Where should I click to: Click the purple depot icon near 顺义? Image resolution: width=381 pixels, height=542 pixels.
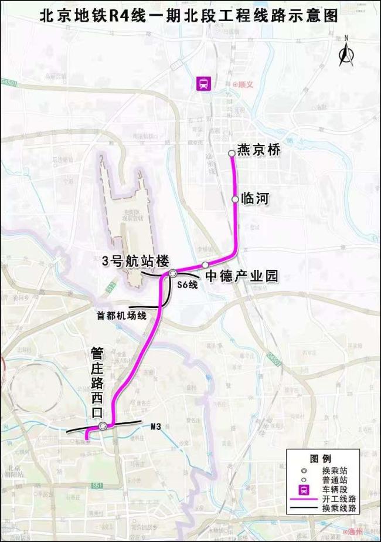pos(203,84)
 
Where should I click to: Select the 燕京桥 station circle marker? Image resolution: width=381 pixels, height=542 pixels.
pos(232,153)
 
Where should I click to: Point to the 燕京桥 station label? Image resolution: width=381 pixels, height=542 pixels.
pos(260,150)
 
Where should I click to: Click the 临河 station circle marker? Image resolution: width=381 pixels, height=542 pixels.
pos(236,199)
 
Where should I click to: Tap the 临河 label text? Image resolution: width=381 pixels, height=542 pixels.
pos(254,199)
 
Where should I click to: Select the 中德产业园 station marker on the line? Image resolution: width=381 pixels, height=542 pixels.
pos(206,265)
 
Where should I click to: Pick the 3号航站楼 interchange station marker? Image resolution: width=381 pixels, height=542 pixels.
pos(174,273)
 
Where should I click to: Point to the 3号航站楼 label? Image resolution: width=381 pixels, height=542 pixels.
pos(135,260)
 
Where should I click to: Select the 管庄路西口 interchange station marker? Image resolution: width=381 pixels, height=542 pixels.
pos(103,426)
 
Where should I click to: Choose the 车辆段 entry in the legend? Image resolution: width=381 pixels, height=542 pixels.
pos(336,489)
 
